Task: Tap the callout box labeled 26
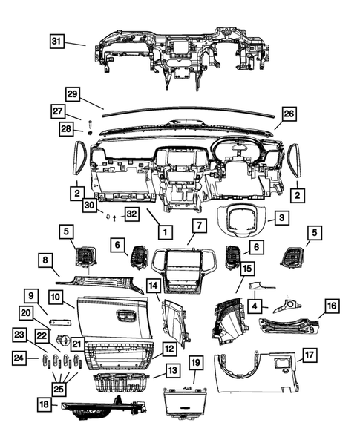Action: [289, 114]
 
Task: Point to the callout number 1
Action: [162, 231]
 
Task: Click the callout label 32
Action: [131, 214]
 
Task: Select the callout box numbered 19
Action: [195, 363]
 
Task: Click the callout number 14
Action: [153, 285]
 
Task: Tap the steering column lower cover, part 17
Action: [256, 371]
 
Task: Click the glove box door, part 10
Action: [111, 315]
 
